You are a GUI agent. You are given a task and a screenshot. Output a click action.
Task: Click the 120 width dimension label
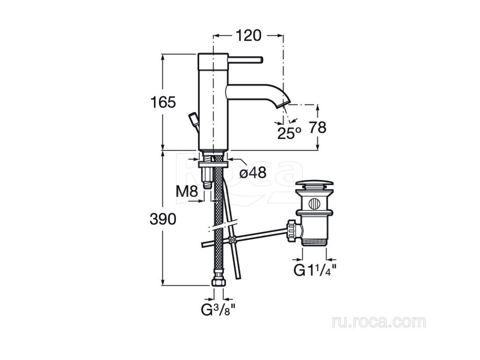[x=248, y=36]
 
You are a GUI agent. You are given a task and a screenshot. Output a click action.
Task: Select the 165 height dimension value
[x=163, y=102]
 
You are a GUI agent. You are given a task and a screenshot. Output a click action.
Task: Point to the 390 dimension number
[x=163, y=219]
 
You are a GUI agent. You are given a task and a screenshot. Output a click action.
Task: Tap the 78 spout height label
[x=317, y=127]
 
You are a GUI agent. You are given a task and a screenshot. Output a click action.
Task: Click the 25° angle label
[x=289, y=133]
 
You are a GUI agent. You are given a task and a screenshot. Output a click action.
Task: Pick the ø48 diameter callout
[x=253, y=173]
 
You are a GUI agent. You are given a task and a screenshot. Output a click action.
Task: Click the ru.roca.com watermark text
[x=379, y=322]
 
